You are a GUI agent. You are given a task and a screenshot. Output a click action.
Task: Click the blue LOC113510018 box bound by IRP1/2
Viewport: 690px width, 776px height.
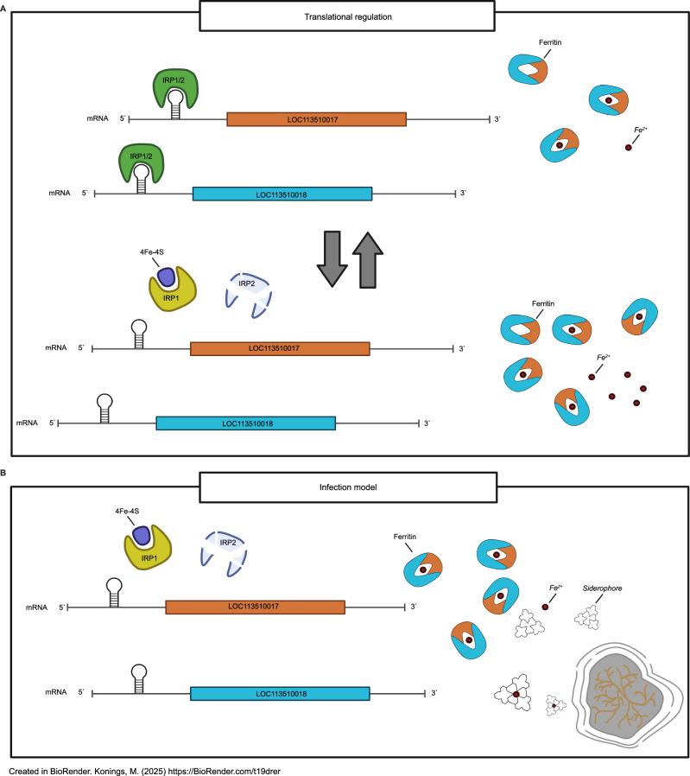(282, 194)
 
